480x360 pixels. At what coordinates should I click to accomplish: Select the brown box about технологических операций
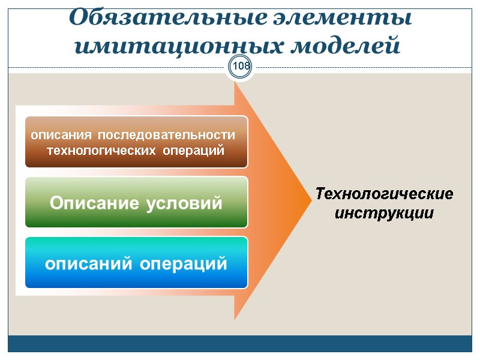[136, 142]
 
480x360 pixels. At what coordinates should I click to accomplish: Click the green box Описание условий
[136, 202]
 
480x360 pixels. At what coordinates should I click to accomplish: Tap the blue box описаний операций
[136, 262]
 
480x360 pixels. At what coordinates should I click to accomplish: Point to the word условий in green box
[184, 203]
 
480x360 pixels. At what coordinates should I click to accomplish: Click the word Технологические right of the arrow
[384, 194]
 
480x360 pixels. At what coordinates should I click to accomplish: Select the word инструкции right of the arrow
[384, 213]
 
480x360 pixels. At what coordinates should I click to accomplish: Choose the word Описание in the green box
[94, 203]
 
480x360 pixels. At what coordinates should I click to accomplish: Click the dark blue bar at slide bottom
[240, 343]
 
